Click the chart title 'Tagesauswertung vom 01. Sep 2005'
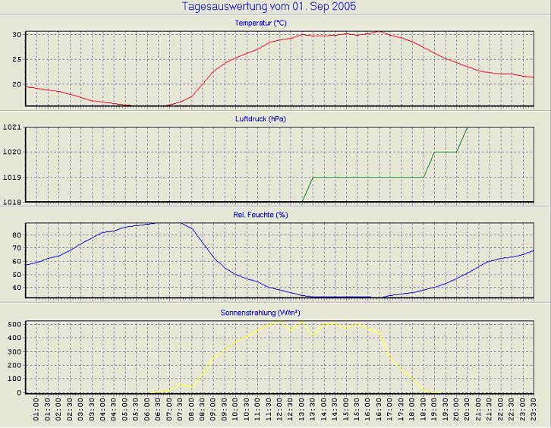pos(269,7)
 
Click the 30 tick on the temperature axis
pos(17,35)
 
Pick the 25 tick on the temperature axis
pos(17,59)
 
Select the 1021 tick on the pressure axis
pos(12,127)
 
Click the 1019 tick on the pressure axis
pos(12,177)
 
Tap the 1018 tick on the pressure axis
pos(12,201)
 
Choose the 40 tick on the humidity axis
pos(17,288)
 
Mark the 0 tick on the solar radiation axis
pos(20,392)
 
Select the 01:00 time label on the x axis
pos(36,411)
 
